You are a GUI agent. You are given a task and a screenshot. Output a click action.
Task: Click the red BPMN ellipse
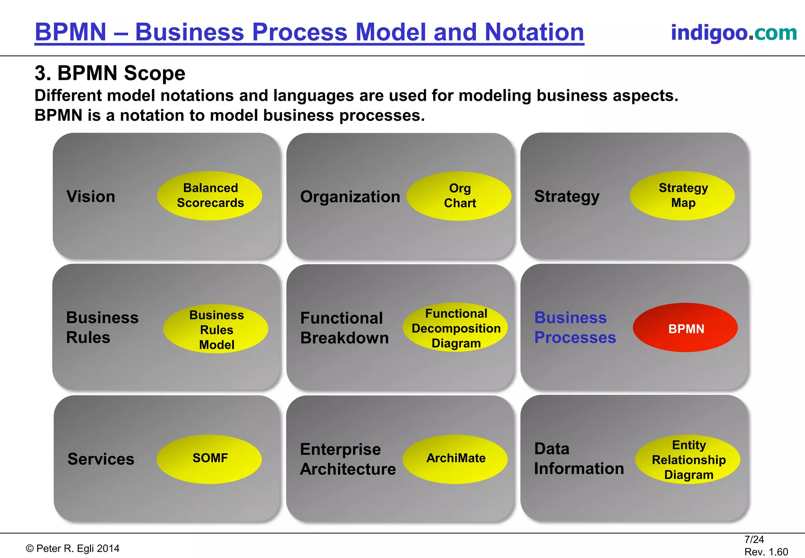coord(685,328)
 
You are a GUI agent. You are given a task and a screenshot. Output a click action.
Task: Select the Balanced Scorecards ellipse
coord(210,196)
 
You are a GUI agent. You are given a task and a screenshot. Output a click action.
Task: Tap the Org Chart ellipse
coord(459,196)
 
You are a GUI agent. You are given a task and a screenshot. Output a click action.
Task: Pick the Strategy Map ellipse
coord(682,196)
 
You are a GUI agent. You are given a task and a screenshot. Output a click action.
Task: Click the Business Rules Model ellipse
coord(216,329)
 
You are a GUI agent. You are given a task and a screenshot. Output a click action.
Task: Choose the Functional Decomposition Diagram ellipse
coord(455,328)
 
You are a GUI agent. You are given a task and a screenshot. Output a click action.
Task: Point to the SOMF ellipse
coord(210,459)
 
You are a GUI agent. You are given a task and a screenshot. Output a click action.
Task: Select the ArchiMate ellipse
coord(455,459)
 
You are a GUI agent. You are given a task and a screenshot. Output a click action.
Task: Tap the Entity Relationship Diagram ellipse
coord(688,460)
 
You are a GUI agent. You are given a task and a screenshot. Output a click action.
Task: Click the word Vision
coord(91,196)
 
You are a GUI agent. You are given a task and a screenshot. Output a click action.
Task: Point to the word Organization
coord(350,196)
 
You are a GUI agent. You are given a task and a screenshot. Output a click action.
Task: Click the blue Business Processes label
coord(575,327)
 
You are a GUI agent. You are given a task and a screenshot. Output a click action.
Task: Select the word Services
coord(101,459)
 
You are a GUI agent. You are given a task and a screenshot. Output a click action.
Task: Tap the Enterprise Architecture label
coord(347,459)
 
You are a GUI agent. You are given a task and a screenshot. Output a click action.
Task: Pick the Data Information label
coord(579,458)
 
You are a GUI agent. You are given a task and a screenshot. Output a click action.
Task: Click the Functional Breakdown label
coord(344,328)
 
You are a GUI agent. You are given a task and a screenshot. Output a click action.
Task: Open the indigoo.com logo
coord(733,32)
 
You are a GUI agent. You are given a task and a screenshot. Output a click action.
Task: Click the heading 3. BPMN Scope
coord(110,73)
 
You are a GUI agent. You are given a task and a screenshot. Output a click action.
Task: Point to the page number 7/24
coord(754,540)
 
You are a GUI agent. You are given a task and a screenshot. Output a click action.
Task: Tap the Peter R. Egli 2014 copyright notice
coord(73,549)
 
